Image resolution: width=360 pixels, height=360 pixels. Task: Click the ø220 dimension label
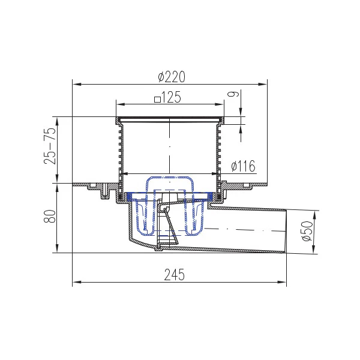coord(172,77)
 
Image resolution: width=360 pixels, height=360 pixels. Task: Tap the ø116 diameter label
coord(243,166)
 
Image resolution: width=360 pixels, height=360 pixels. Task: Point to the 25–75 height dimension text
coord(50,145)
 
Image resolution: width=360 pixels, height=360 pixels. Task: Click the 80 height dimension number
coord(50,216)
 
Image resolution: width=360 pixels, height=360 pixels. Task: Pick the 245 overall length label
coord(174,275)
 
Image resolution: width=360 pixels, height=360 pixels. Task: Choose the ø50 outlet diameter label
coord(307,231)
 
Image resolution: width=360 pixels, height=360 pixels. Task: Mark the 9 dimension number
coord(233,94)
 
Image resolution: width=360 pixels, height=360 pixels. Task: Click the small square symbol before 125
coord(157,100)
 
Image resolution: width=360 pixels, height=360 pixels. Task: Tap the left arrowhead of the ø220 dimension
coord(77,84)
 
